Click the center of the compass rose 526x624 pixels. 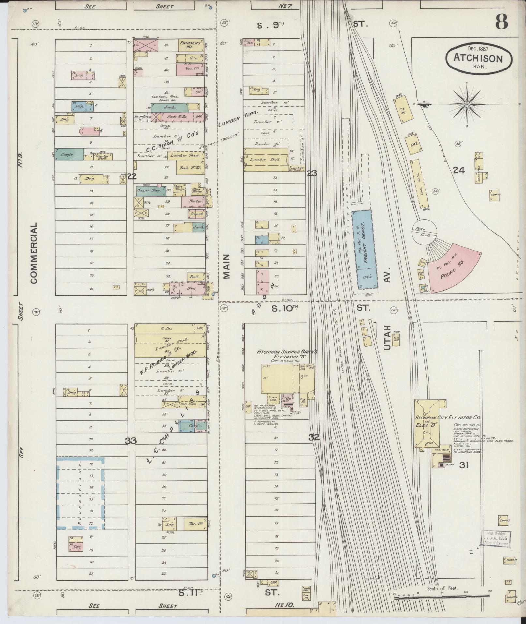tap(467, 104)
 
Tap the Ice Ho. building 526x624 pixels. tap(403, 109)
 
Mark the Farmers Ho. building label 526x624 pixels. tap(191, 45)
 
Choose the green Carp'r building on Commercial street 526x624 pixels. tap(69, 155)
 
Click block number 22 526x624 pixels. tap(132, 176)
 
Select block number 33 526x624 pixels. tap(131, 441)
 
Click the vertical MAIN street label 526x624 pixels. tap(227, 266)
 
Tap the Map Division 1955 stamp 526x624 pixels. tap(495, 538)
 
